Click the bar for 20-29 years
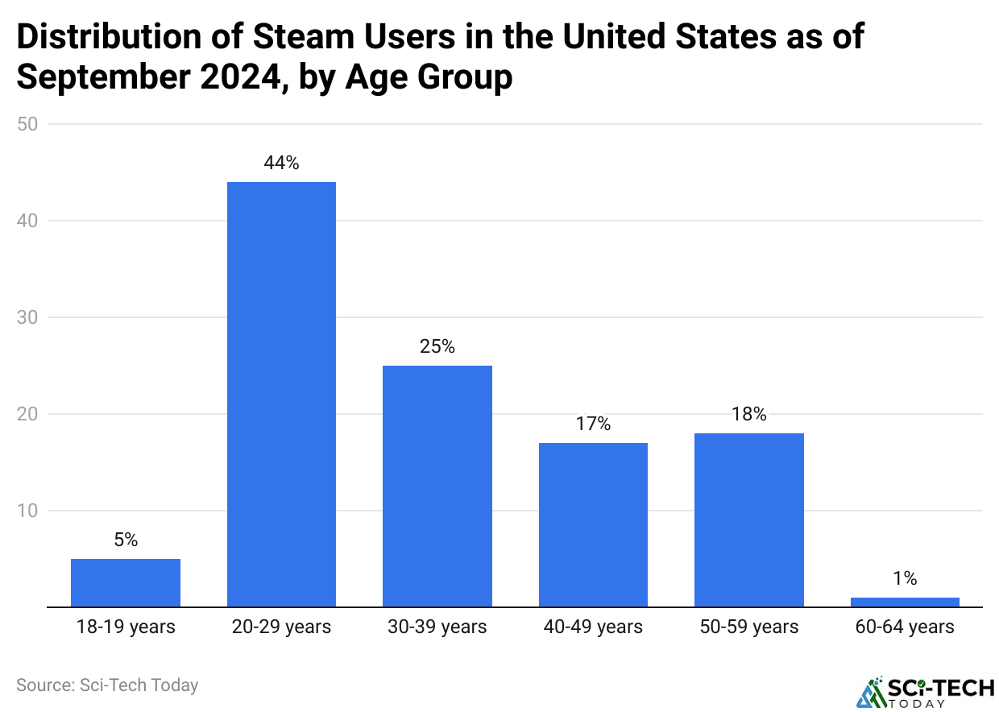(x=281, y=394)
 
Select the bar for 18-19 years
(x=126, y=582)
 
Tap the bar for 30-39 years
(x=437, y=486)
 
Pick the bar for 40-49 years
(x=593, y=524)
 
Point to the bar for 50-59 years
(x=748, y=520)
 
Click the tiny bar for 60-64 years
(x=905, y=602)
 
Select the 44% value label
(x=281, y=163)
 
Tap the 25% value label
(x=437, y=346)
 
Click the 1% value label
(x=905, y=578)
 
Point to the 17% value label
(x=593, y=424)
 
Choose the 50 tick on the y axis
(x=33, y=124)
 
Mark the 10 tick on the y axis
(x=33, y=511)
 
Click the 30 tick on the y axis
(x=33, y=317)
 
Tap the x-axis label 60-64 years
(x=905, y=627)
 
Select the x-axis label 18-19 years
(x=126, y=627)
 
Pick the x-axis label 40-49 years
(x=593, y=627)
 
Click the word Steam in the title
(x=294, y=37)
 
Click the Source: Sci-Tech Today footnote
(x=107, y=685)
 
